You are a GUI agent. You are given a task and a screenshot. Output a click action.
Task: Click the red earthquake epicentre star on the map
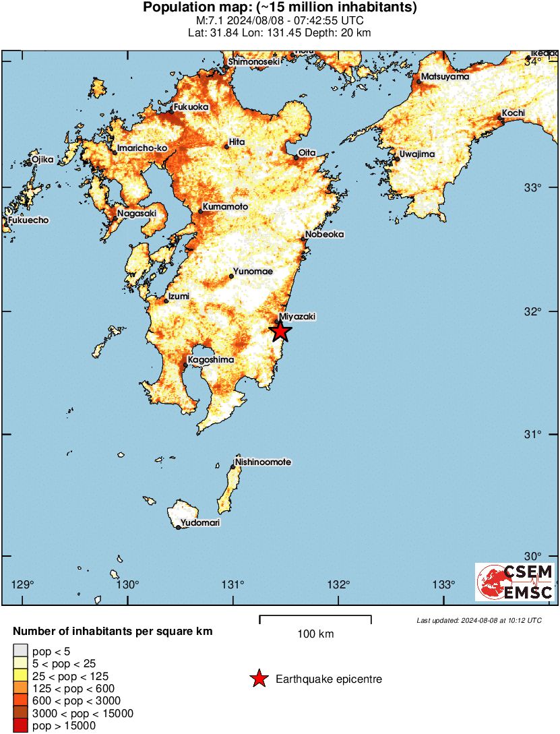coord(280,331)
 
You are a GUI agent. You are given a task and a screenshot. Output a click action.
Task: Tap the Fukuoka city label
coord(191,107)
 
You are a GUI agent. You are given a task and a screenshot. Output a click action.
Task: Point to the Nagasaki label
coord(136,214)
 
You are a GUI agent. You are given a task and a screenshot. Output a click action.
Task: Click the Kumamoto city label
coord(225,207)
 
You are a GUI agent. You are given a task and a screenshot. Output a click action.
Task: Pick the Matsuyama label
coord(445,77)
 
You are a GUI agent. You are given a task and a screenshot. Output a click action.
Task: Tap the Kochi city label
coord(513,113)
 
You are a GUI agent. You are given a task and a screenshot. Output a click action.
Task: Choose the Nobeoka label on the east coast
coord(324,235)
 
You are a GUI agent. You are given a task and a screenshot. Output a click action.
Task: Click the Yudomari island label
coord(200,522)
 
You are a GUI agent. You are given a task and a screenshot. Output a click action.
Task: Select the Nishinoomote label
coord(263,462)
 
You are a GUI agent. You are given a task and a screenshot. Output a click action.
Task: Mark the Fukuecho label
coord(29,220)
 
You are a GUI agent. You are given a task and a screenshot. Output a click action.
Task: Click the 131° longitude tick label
coord(233,584)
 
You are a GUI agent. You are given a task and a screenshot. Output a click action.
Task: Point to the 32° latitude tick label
coord(534,311)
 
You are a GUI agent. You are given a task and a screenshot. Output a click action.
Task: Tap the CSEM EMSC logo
coord(514,582)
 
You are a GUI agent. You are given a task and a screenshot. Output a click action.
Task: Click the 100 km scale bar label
coord(315,634)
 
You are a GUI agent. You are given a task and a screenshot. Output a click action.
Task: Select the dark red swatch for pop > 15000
coord(21,726)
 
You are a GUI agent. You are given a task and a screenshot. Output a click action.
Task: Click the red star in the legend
coord(259,679)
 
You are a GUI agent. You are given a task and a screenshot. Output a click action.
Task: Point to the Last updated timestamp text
coord(478,620)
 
